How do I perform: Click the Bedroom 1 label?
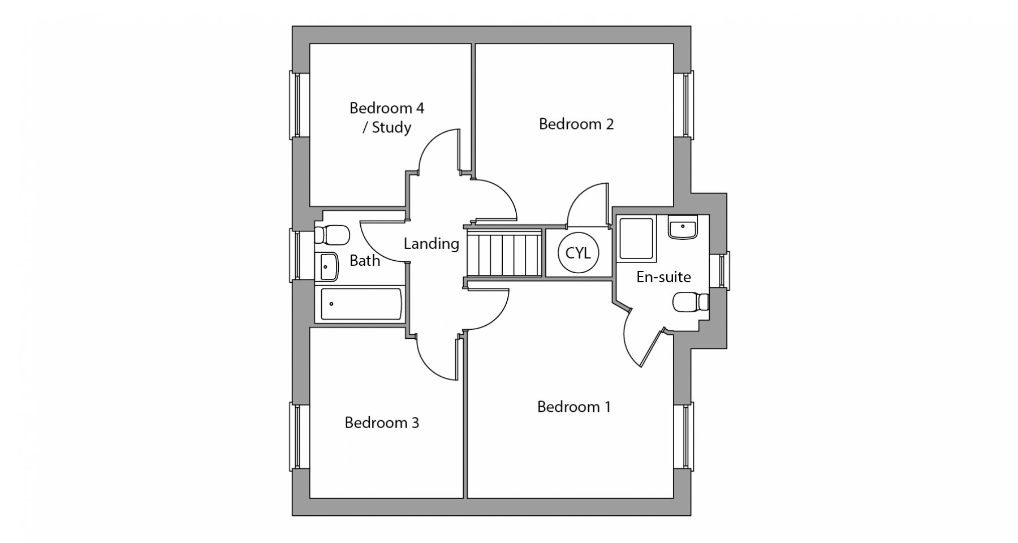click(x=573, y=407)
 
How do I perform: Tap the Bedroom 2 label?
click(x=576, y=124)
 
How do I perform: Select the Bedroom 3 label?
click(x=382, y=423)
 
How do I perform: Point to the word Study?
click(x=391, y=128)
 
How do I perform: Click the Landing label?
click(x=431, y=244)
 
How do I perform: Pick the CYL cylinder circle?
click(x=578, y=253)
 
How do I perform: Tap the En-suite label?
click(x=663, y=277)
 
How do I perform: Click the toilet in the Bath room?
click(x=332, y=234)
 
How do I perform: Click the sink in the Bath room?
click(x=326, y=266)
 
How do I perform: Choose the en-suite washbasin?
click(x=683, y=227)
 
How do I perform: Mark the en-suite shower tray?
click(x=636, y=239)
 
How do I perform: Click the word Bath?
click(x=365, y=261)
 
